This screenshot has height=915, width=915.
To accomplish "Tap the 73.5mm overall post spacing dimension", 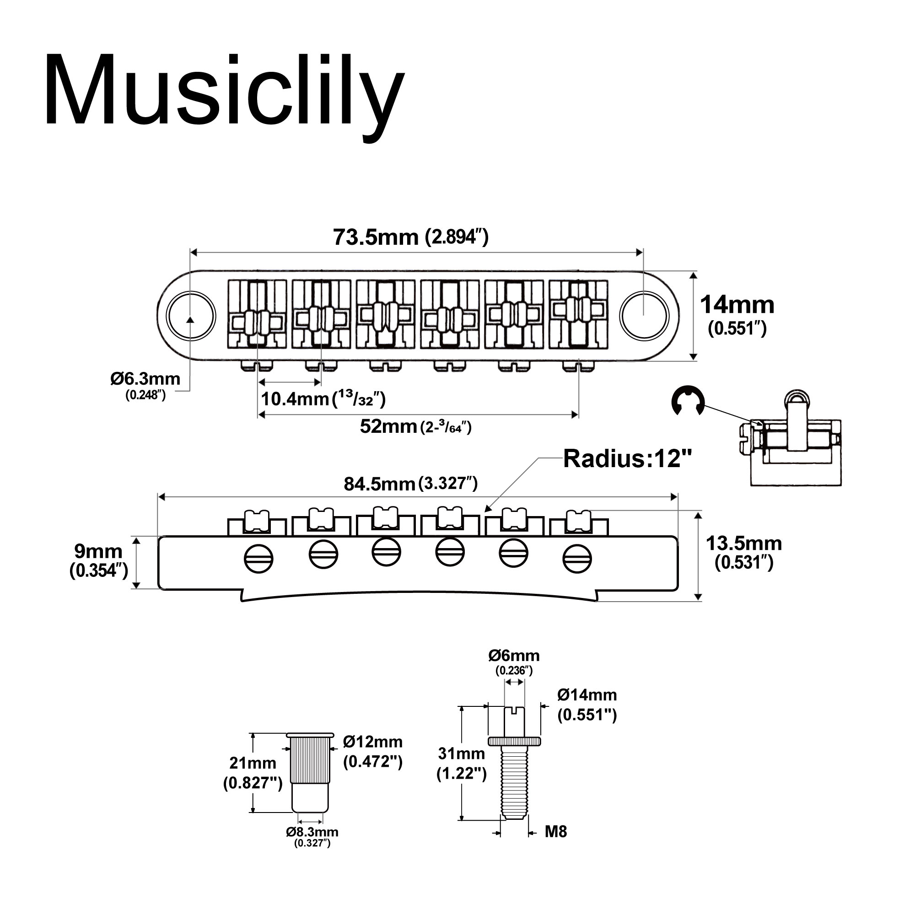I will [x=410, y=237].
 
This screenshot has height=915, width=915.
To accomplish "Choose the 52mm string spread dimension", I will [x=415, y=427].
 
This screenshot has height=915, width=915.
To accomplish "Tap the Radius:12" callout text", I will [x=628, y=459].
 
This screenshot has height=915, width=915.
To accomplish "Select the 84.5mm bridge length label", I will [x=410, y=484].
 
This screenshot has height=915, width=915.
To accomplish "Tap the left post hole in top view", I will [x=191, y=316].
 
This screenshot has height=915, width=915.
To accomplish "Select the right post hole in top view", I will [x=644, y=316].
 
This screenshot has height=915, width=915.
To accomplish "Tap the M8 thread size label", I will [x=555, y=831].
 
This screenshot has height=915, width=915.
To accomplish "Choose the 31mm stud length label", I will [x=461, y=763].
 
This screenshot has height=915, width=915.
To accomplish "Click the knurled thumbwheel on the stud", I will [x=514, y=741].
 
